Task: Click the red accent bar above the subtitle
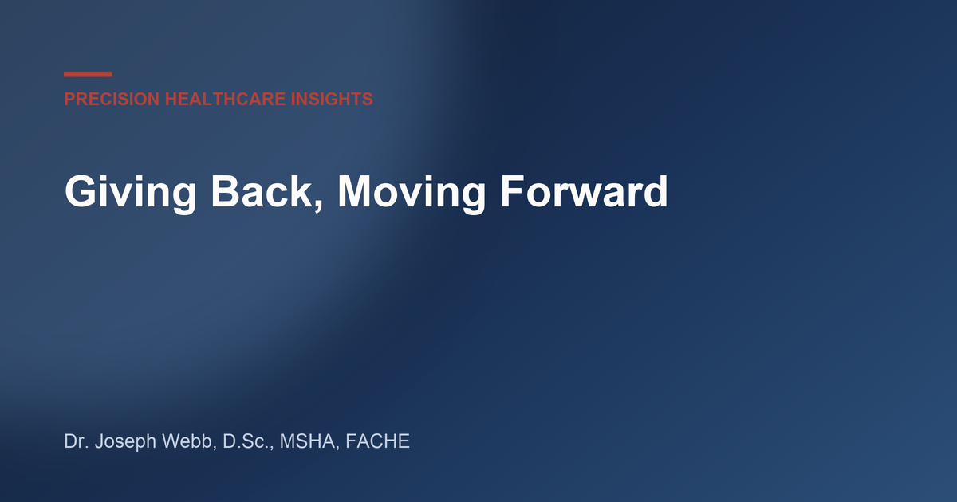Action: click(x=88, y=74)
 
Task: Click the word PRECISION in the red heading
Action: click(x=112, y=99)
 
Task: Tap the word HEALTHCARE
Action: click(x=225, y=99)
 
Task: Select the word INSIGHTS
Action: click(x=332, y=99)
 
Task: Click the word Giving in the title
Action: click(x=131, y=193)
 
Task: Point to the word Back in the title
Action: click(x=262, y=192)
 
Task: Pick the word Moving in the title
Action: click(x=412, y=193)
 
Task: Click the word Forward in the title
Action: click(x=584, y=192)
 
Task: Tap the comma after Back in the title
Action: click(x=318, y=206)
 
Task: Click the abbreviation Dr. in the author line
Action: click(x=77, y=441)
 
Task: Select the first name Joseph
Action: click(x=125, y=442)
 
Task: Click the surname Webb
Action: click(x=187, y=441)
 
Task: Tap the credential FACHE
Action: click(x=377, y=441)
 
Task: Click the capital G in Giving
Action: click(x=80, y=190)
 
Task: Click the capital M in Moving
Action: click(x=355, y=190)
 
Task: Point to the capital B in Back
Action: click(x=225, y=190)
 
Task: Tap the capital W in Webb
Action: click(x=171, y=441)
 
